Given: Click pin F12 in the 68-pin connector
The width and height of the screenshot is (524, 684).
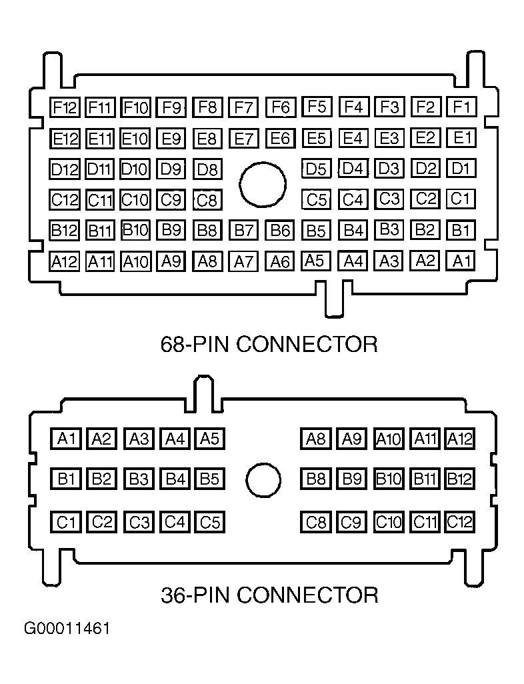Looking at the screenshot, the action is coord(65,107).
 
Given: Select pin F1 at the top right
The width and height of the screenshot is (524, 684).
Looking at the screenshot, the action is coord(461,107).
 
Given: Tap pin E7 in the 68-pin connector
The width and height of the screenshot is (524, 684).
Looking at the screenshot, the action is coord(243,139).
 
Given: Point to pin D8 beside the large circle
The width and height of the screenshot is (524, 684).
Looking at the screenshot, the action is coord(208,169).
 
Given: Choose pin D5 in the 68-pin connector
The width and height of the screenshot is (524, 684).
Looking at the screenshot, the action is coord(316,169).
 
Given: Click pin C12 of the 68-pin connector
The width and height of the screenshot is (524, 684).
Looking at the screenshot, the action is coord(65,200).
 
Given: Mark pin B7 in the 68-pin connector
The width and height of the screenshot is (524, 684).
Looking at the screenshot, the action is coord(243,230).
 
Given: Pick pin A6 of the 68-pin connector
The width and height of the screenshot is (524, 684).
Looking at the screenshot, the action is coord(280,261).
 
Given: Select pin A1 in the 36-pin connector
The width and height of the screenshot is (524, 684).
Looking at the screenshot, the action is coord(66,439).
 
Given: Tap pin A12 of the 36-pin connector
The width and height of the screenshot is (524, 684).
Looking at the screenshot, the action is coord(459,439).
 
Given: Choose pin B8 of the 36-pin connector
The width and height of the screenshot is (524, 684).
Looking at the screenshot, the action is coord(316,479).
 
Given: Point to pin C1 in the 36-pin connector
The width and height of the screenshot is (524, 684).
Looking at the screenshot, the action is coord(66,522).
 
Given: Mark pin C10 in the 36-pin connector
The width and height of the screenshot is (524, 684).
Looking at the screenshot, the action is coord(388,522).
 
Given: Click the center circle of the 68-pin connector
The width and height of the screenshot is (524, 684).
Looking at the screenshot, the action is coord(263,185).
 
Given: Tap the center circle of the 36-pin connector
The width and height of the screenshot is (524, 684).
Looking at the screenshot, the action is coord(263,480).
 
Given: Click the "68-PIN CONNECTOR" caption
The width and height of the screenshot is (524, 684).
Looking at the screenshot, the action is coord(269,344).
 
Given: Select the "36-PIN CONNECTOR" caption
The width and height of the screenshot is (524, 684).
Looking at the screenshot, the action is coord(269,595).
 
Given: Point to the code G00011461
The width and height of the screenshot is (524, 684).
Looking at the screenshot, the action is coord(67,629).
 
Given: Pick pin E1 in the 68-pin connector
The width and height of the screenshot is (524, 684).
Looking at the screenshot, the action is coord(461,138).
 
